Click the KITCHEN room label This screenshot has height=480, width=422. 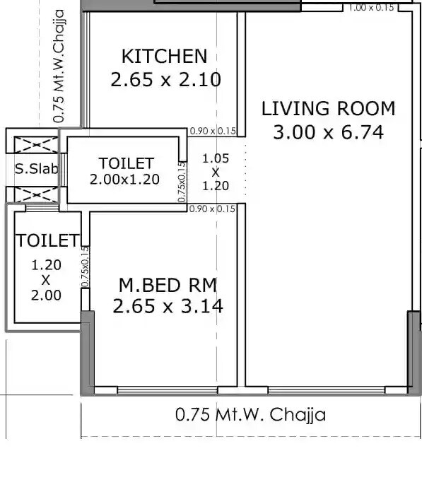pos(164,56)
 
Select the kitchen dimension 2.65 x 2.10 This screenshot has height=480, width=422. pos(165,79)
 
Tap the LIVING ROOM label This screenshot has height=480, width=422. pos(328,109)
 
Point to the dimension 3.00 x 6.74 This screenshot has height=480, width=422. pos(328,132)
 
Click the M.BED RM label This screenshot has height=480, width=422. pos(168,285)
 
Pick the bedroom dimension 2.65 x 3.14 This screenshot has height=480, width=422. pos(168,306)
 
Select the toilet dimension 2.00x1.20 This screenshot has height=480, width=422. pos(124,180)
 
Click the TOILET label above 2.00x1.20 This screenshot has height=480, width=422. pos(127,164)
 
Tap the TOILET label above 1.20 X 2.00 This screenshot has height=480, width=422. pos(47,240)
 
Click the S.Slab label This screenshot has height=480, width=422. pos(36,170)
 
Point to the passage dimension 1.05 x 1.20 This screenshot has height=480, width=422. pos(216,172)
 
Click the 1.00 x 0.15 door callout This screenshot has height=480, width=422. pos(370,8)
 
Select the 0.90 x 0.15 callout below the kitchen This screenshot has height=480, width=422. pos(212,131)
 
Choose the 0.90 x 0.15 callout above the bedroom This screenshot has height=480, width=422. pos(212,209)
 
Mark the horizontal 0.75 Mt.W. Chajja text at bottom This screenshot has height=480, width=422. pos(250,415)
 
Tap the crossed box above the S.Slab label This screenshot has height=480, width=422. pos(36,146)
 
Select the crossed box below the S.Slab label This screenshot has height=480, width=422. pos(36,194)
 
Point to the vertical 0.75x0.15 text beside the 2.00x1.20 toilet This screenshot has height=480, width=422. pos(181,182)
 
